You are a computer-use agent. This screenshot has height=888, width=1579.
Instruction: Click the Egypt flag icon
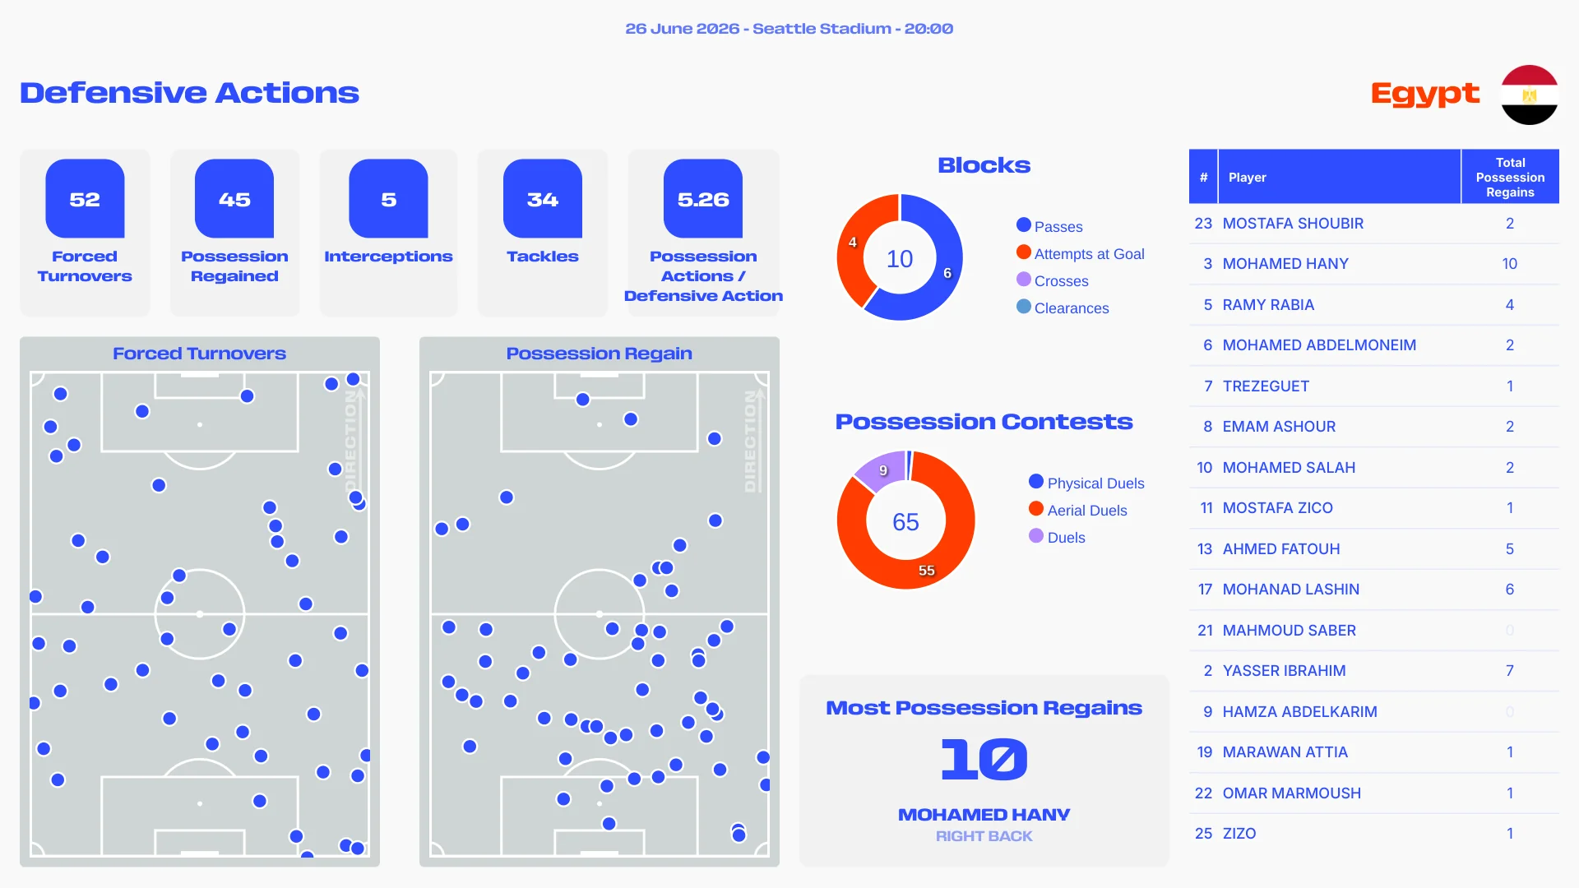click(1529, 95)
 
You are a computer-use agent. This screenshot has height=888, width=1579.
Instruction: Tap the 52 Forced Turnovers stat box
click(85, 233)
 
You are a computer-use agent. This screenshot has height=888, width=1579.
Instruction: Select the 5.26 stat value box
click(703, 199)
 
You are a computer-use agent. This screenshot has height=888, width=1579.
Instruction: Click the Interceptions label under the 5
click(388, 257)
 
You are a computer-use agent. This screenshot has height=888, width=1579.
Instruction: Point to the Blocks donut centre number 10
click(900, 259)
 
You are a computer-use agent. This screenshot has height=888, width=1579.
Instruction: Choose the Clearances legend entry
click(1063, 308)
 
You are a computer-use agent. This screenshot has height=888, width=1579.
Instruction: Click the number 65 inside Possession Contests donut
click(905, 522)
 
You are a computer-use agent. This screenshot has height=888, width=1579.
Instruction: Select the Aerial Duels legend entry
click(1077, 511)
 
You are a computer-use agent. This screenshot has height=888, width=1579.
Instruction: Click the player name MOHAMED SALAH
click(1289, 468)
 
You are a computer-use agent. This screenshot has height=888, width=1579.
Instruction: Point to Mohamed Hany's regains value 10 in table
click(1509, 264)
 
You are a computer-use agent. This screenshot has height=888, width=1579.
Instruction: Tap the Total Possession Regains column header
click(1510, 178)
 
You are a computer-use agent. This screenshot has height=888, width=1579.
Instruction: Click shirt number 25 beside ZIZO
click(1203, 834)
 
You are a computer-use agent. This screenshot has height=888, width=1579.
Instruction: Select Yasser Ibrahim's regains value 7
click(1509, 671)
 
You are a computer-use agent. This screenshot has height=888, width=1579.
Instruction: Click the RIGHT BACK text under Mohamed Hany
click(984, 836)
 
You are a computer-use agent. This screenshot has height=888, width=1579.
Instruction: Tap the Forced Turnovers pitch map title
click(199, 354)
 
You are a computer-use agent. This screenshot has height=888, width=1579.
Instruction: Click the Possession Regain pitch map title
click(599, 354)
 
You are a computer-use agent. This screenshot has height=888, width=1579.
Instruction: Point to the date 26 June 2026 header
click(682, 29)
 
